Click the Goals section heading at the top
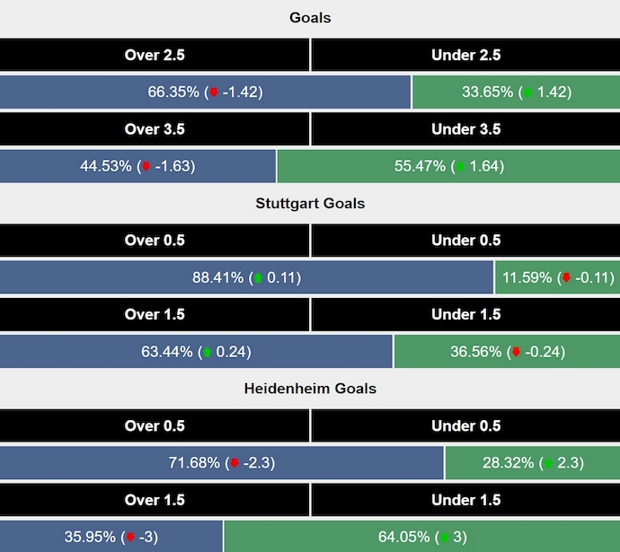[x=310, y=18]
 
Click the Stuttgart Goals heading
[x=310, y=203]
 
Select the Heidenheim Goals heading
[x=310, y=389]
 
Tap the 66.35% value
[x=205, y=92]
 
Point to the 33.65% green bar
[x=515, y=92]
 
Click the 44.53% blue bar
[x=137, y=166]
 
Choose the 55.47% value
[x=449, y=166]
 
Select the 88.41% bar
[x=246, y=277]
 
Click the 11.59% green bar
[x=557, y=277]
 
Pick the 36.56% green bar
[x=507, y=352]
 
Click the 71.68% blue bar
[x=221, y=463]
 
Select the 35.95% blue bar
[x=111, y=537]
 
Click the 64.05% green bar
[x=421, y=537]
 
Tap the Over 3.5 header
[x=155, y=128]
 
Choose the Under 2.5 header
[x=465, y=55]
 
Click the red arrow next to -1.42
[x=214, y=92]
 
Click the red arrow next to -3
[x=130, y=538]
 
